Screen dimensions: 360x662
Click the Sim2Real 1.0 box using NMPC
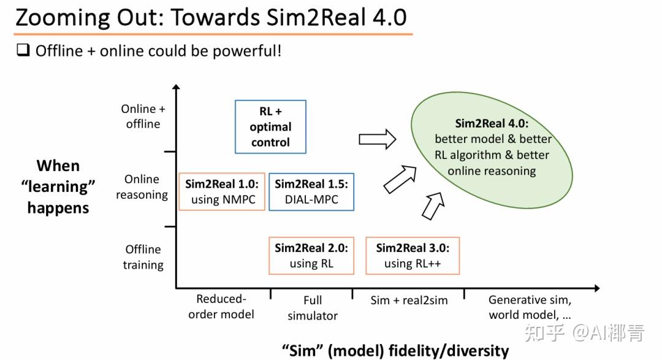pos(222,191)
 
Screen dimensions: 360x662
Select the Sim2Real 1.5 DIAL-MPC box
pos(311,191)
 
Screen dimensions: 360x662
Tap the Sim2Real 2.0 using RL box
pos(311,256)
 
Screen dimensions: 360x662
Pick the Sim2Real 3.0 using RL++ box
pos(413,256)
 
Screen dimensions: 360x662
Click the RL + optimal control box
pos(270,127)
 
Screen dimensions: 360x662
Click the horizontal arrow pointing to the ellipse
pos(377,139)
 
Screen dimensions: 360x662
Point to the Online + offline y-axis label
pos(143,116)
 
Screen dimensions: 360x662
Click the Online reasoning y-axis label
pos(142,187)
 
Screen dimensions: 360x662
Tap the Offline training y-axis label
pos(143,257)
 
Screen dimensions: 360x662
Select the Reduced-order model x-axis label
pos(221,307)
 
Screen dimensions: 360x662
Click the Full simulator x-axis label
pos(313,308)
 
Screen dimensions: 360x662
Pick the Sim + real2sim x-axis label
pos(409,301)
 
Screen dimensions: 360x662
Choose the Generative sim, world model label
pos(530,307)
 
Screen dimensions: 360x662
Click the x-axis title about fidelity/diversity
pos(395,350)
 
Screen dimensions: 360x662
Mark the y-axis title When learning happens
pos(58,186)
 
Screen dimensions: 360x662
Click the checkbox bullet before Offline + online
pos(23,50)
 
